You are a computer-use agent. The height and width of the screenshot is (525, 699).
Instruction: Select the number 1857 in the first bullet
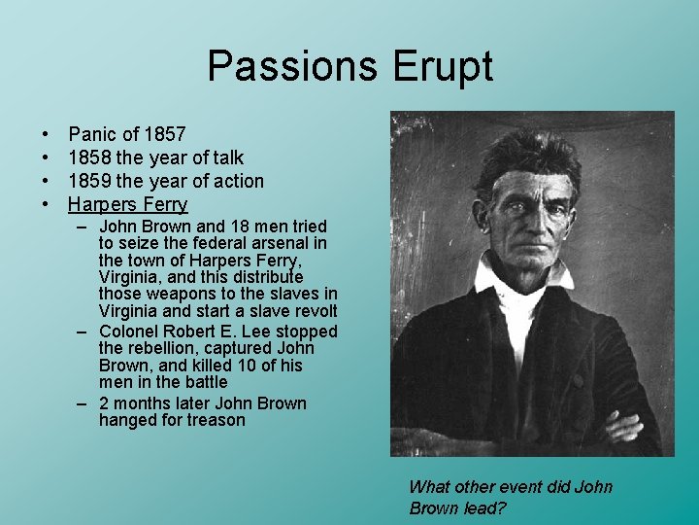(160, 134)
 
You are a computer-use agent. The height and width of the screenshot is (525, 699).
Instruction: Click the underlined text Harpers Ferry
(127, 204)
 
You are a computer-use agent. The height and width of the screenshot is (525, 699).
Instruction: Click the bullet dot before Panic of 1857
(47, 134)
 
